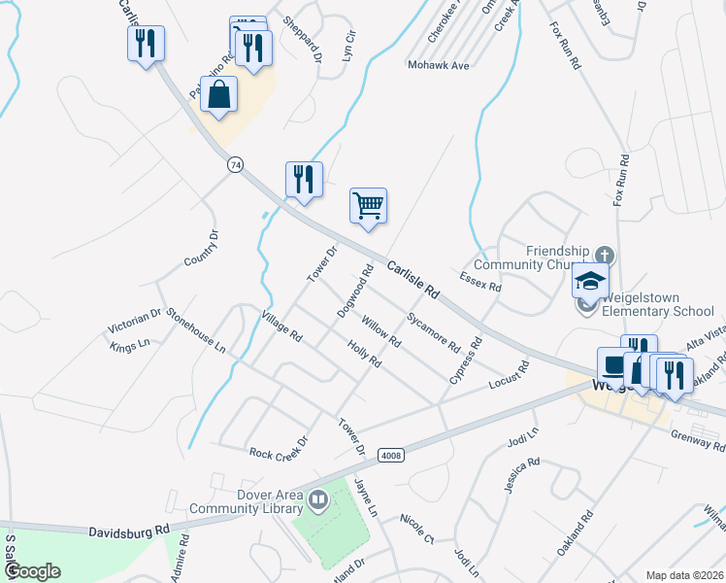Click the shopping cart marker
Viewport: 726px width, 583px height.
368,206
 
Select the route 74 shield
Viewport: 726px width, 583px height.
235,165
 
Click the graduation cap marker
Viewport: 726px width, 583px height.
590,282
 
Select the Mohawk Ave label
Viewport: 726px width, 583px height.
437,66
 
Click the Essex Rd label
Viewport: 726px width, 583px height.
480,283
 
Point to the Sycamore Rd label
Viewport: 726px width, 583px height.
433,331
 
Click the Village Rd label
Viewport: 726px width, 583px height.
282,326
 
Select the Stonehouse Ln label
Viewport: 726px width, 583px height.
195,330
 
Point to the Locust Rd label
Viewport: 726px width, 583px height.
509,374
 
